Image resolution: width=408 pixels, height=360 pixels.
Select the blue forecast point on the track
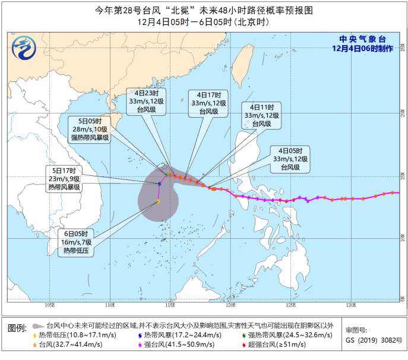[x=160, y=184]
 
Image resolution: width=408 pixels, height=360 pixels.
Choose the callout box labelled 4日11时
[x=261, y=115]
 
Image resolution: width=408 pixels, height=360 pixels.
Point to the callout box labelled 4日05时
[x=290, y=159]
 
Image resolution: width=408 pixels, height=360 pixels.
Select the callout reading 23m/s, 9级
[x=67, y=178]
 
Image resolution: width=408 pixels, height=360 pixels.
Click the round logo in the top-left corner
[x=25, y=47]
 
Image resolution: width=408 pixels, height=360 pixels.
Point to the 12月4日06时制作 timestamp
[x=362, y=49]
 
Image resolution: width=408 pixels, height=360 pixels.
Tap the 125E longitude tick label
[x=290, y=305]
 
